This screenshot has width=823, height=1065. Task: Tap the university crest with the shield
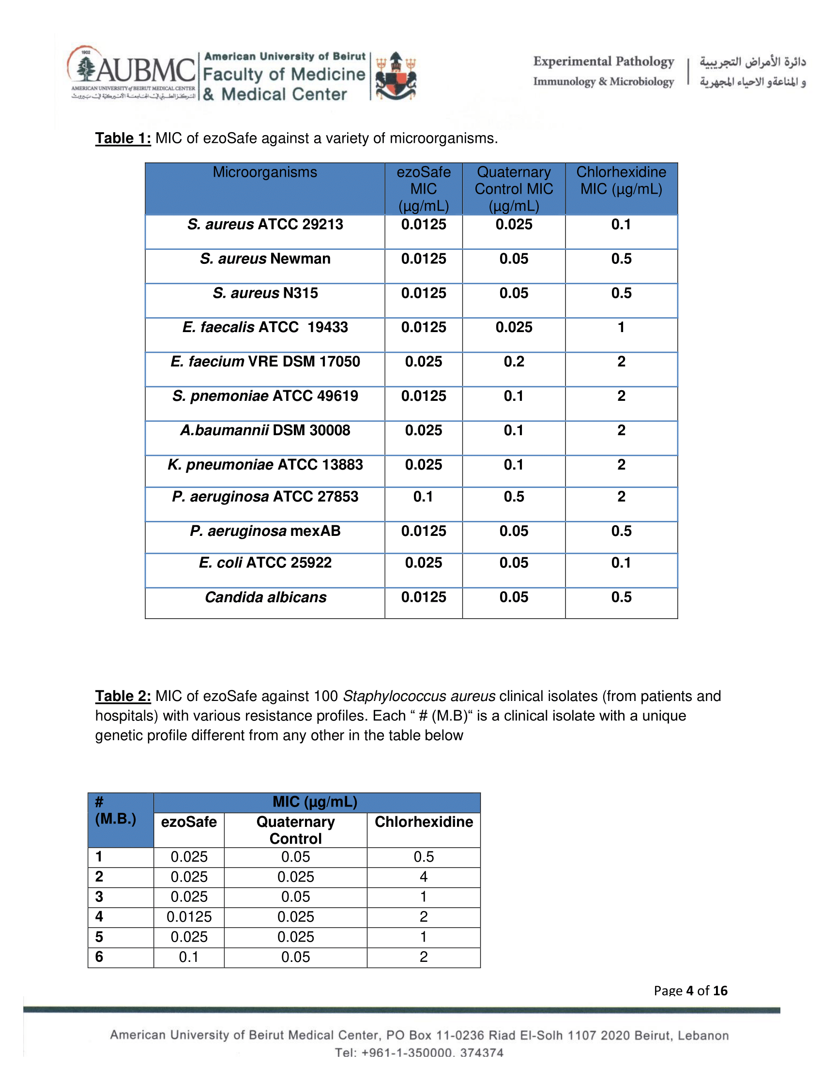(x=396, y=76)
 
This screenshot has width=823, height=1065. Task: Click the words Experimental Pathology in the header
(x=604, y=61)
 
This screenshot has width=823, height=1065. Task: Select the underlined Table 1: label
(x=123, y=138)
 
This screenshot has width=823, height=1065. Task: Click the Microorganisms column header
(x=265, y=172)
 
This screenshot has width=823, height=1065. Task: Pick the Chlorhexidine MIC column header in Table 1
(x=621, y=181)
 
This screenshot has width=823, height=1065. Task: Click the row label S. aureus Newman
(x=265, y=259)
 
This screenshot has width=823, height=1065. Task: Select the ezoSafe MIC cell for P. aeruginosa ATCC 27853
(x=423, y=497)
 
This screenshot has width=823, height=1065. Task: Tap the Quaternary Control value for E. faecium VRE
(x=514, y=362)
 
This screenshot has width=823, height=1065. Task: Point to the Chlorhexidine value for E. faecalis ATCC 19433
(x=621, y=327)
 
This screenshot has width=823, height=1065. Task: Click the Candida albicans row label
(x=265, y=597)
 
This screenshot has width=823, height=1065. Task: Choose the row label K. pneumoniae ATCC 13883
(x=265, y=465)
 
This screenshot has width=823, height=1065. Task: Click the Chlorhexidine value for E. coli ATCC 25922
(x=621, y=563)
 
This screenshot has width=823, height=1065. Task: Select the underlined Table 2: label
(x=123, y=696)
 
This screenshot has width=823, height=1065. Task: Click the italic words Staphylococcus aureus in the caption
(x=419, y=696)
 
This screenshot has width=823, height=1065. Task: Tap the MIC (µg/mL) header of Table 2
(x=315, y=802)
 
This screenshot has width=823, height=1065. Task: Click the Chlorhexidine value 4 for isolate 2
(x=424, y=877)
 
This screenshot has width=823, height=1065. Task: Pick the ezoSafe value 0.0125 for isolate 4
(x=189, y=917)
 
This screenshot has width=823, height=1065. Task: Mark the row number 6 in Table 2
(x=99, y=957)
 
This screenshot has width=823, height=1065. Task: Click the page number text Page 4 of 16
(x=690, y=990)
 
